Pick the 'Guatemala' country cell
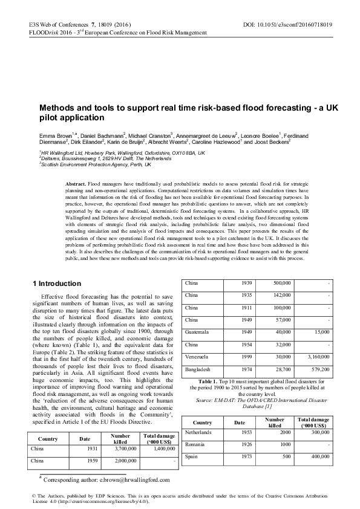[x=198, y=332]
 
